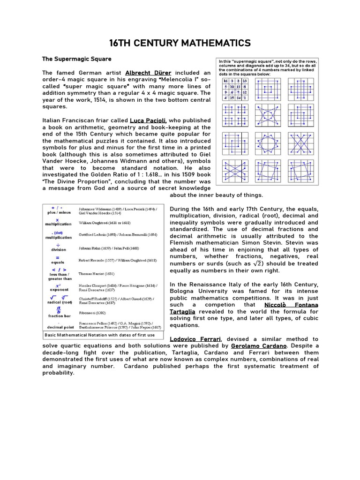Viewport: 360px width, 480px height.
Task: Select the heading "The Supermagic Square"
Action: click(77, 59)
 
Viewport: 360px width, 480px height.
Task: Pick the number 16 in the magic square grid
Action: click(225, 81)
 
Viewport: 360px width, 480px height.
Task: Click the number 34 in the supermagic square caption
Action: click(283, 66)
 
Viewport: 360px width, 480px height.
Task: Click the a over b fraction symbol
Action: click(59, 310)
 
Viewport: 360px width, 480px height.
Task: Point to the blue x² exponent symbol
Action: click(58, 285)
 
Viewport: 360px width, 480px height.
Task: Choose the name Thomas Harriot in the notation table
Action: click(96, 273)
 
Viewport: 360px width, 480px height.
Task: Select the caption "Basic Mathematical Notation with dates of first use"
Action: click(99, 335)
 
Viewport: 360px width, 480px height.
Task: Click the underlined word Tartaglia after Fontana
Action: click(182, 312)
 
